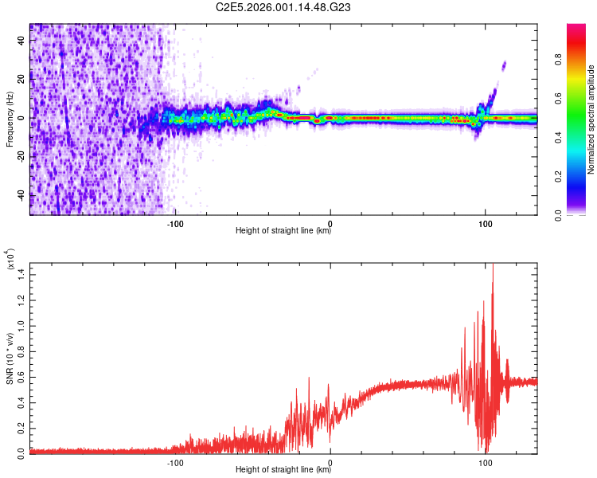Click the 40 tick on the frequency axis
point(21,41)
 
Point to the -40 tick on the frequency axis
point(20,195)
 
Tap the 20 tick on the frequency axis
point(21,80)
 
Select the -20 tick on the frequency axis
point(20,157)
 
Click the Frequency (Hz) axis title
point(10,119)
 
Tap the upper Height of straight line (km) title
point(283,231)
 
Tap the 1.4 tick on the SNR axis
point(21,273)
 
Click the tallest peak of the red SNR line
point(493,264)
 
